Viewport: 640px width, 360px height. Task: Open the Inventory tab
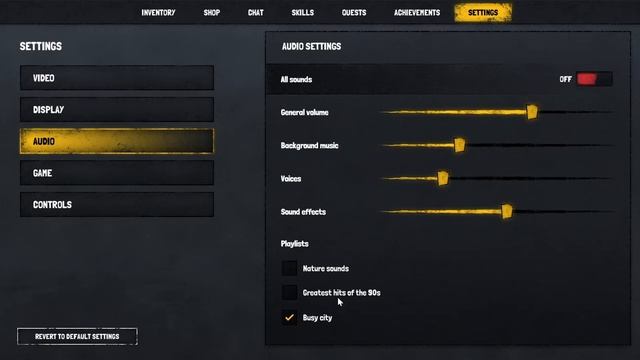coord(158,13)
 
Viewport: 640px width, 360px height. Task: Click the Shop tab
coord(211,13)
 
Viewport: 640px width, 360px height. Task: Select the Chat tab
coord(255,13)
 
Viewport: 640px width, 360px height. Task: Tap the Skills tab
coord(302,13)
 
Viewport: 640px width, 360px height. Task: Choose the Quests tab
coord(353,13)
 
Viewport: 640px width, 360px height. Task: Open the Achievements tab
coord(417,13)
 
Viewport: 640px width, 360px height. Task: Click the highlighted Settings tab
coord(483,13)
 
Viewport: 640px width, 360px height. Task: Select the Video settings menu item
coord(116,78)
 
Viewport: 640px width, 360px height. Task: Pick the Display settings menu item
coord(116,110)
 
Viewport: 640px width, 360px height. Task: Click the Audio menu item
coord(116,141)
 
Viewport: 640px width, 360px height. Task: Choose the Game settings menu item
coord(116,173)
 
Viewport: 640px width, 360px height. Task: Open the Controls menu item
coord(116,205)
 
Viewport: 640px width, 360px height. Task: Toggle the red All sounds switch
coord(593,79)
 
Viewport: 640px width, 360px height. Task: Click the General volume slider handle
coord(532,112)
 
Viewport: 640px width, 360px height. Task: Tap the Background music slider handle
coord(460,145)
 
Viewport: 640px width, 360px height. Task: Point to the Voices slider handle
coord(443,178)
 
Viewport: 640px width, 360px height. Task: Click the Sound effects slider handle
coord(507,211)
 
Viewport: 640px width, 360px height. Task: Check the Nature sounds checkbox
coord(289,268)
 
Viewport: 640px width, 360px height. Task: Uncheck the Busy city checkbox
coord(289,318)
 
